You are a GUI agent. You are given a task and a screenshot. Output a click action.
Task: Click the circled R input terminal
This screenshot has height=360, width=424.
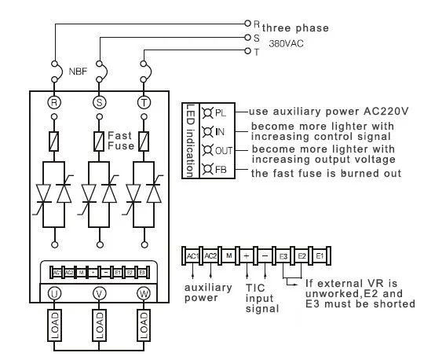point(54,103)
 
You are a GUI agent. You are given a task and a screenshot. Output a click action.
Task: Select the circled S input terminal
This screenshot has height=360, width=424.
point(100,103)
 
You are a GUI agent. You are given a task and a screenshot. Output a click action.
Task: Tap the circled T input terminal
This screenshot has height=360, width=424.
point(144,103)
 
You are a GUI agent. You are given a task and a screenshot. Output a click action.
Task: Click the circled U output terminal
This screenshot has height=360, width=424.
point(54,293)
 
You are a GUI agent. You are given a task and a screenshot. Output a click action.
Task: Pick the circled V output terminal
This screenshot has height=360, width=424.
point(100,293)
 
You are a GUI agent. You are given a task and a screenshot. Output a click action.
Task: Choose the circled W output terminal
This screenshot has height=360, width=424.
point(144,293)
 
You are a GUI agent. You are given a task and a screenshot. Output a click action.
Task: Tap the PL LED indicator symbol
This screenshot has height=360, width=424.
point(207,113)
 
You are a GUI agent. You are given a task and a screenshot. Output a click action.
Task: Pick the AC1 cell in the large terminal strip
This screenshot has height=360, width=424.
point(192,256)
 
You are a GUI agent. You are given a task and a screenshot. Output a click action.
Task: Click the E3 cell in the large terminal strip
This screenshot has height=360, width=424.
point(283,256)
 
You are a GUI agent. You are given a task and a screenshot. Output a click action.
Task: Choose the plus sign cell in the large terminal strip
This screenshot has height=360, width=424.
point(247,256)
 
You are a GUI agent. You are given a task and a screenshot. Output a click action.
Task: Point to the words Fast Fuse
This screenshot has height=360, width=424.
point(123,139)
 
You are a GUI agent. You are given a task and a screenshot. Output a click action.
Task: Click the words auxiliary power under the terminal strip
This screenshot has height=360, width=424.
point(207,293)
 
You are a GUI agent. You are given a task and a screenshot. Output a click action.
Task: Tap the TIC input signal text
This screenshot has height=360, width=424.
point(261,298)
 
